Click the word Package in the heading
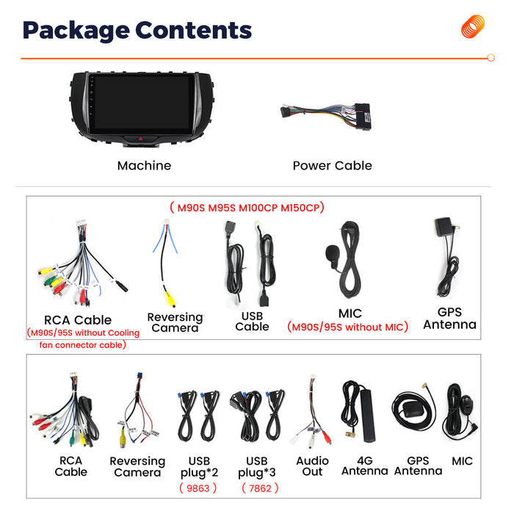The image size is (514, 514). tap(76, 31)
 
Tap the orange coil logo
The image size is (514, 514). tap(473, 26)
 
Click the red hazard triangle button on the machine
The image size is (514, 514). tap(141, 139)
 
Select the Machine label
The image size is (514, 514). tap(144, 165)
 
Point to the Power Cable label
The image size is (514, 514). tap(333, 165)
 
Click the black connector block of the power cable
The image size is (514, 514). tap(363, 117)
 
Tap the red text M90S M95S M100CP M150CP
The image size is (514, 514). tap(248, 208)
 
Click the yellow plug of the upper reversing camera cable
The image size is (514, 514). tap(170, 299)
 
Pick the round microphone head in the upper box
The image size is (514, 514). tap(331, 253)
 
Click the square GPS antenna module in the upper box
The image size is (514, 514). tap(444, 226)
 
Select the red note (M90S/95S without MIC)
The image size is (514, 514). tap(347, 327)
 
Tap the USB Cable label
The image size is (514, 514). tap(252, 322)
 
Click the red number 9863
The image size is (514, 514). tap(198, 488)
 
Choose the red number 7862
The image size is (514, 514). tap(260, 488)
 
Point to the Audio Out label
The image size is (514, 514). tap(312, 466)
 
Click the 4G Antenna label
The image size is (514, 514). tap(364, 466)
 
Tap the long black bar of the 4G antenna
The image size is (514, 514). tap(368, 416)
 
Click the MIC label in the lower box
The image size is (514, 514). tap(462, 461)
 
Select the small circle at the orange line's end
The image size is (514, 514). tap(491, 58)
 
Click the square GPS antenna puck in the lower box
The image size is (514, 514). tap(413, 409)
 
